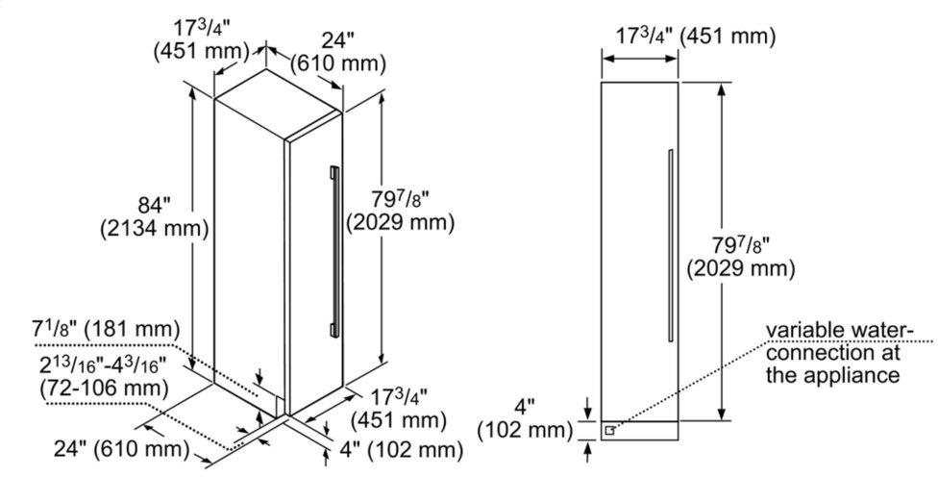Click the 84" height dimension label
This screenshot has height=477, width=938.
(151, 204)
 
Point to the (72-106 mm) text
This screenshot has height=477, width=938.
(101, 389)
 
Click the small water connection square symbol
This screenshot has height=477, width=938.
(609, 430)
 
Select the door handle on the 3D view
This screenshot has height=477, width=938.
(333, 251)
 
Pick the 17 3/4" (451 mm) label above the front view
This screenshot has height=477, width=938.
(695, 38)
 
